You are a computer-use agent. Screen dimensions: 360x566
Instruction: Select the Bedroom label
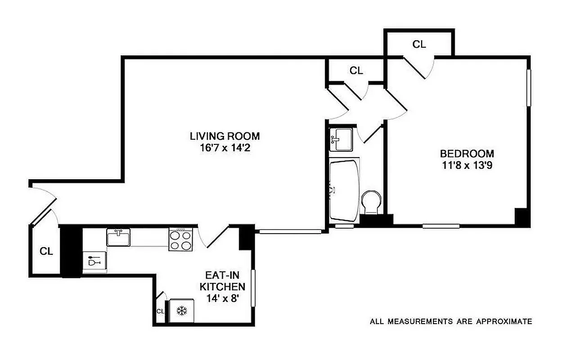click(x=467, y=153)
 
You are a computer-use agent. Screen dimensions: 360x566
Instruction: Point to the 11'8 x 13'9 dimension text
click(x=467, y=165)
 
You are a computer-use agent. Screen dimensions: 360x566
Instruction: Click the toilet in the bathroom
click(x=372, y=202)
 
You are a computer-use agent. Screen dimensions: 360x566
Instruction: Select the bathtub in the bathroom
click(x=344, y=190)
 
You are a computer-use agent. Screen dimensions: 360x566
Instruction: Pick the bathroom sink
click(x=338, y=138)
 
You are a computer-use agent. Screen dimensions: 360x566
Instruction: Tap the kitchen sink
click(x=118, y=237)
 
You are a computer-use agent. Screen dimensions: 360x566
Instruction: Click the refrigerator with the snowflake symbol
click(x=182, y=310)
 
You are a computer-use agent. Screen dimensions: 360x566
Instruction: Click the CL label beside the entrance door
click(x=46, y=252)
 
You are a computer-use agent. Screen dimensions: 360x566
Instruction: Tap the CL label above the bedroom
click(x=419, y=44)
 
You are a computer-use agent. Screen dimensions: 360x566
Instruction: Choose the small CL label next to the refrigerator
click(x=160, y=311)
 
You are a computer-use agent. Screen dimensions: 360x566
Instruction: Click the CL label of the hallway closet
click(x=356, y=70)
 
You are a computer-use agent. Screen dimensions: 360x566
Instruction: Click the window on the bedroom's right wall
click(x=529, y=88)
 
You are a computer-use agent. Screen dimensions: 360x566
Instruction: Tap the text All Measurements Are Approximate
click(x=451, y=321)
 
